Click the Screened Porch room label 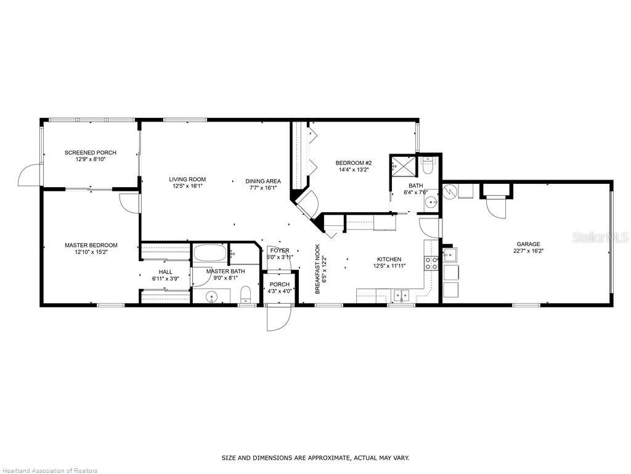(91, 152)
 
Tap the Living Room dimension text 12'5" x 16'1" (187, 186)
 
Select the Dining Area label (263, 181)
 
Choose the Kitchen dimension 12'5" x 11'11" (389, 266)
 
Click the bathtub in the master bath (211, 254)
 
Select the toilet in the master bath (245, 294)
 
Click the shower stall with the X (400, 165)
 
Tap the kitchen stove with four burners (431, 264)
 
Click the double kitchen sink (401, 295)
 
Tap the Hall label (166, 272)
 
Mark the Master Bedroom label (91, 245)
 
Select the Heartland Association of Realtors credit (49, 470)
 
